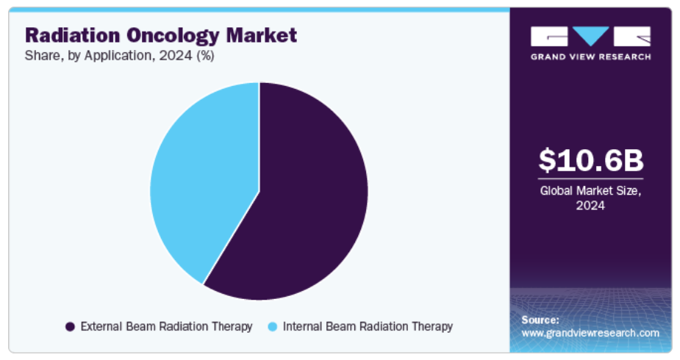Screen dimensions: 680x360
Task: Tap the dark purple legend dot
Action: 70,327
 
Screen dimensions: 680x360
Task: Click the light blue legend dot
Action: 272,327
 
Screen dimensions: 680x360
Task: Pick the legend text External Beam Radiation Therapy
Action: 167,326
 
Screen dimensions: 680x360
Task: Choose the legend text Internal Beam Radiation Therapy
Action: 368,326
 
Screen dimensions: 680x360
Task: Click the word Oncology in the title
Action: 173,36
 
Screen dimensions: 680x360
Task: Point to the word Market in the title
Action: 262,35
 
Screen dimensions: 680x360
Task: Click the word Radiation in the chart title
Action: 73,35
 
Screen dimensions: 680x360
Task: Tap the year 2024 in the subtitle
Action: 175,55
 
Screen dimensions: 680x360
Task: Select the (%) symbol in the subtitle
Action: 206,56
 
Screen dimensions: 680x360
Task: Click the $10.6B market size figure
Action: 590,160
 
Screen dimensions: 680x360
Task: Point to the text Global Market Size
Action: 590,190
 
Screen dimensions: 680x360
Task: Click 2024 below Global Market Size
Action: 590,205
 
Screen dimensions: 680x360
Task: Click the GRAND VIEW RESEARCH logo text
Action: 590,57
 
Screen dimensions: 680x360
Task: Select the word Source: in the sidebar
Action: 540,320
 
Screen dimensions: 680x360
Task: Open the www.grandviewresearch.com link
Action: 590,333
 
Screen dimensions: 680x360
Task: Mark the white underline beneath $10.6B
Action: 590,179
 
